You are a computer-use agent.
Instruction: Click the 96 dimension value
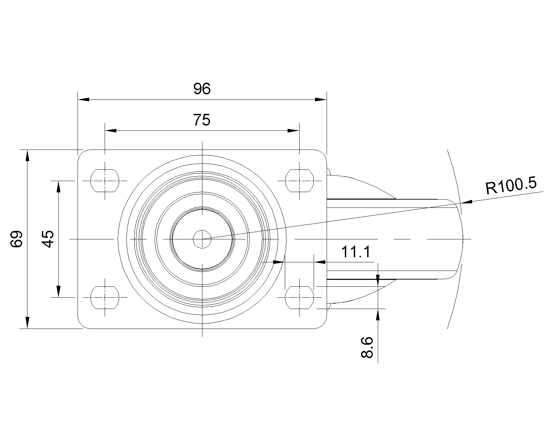(202, 89)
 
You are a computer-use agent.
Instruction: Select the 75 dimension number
(201, 120)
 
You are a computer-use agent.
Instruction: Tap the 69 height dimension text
(16, 239)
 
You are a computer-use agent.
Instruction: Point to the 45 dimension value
(47, 239)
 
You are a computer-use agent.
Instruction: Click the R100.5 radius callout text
(511, 186)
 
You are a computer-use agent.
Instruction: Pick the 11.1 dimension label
(355, 252)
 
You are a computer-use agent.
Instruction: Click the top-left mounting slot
(105, 181)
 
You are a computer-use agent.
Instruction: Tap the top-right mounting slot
(299, 181)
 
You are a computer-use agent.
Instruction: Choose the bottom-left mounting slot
(105, 297)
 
